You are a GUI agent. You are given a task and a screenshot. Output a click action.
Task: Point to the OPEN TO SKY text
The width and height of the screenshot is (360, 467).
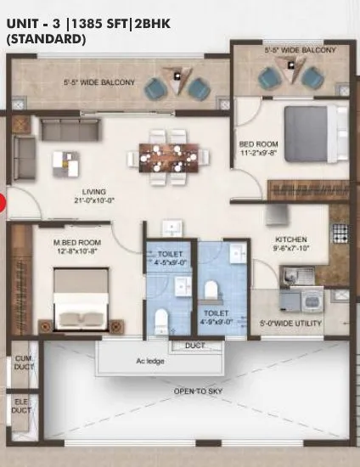pos(199,391)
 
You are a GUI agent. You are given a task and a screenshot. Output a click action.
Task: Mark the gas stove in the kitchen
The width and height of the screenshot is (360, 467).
pos(340,229)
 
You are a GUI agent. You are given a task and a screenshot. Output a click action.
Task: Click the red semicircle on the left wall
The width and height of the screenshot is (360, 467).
pos(3,202)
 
